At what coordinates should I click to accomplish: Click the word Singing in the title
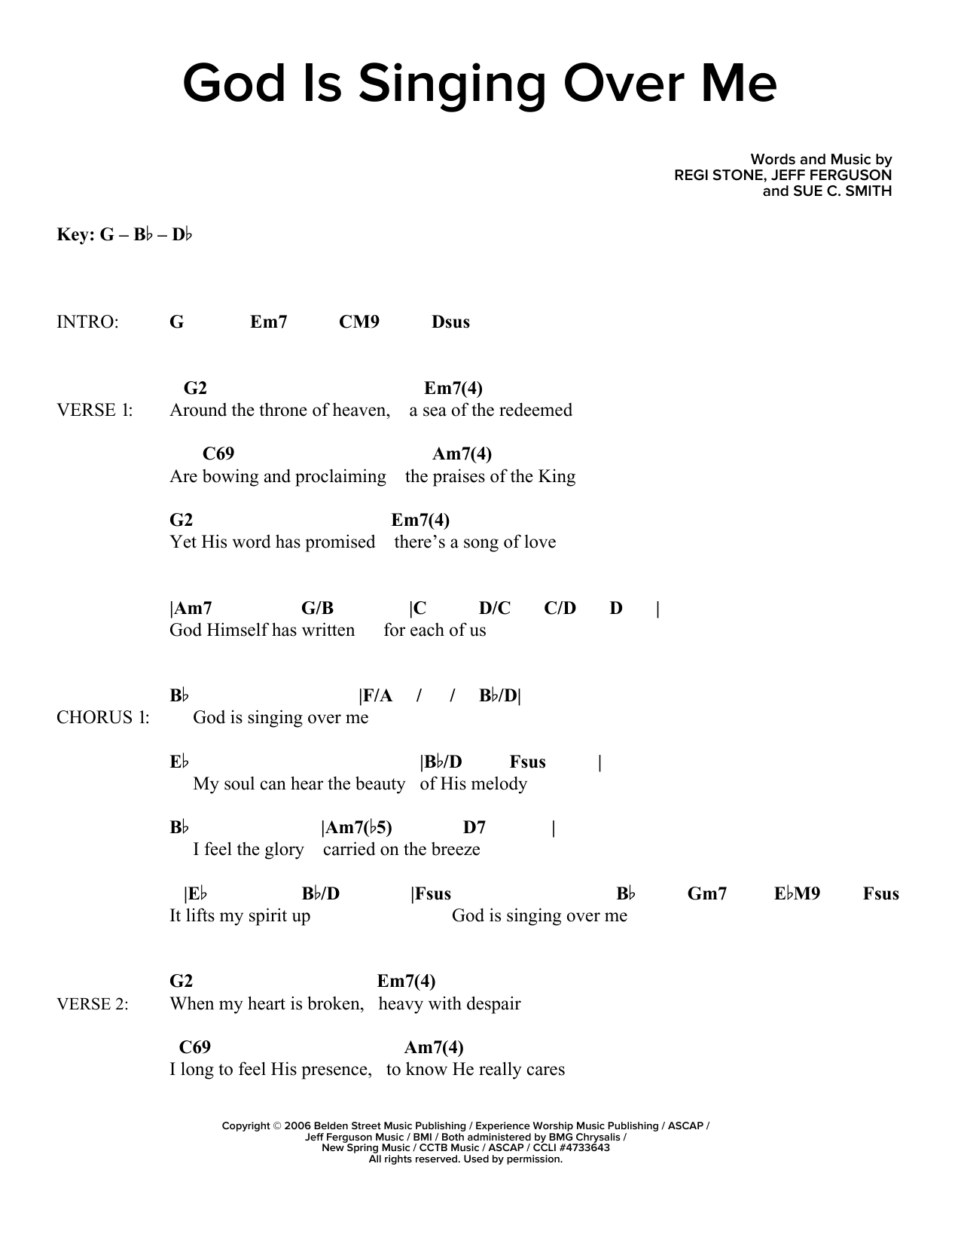[451, 85]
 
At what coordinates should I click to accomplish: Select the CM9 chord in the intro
[359, 322]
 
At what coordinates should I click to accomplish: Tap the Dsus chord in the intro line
[450, 322]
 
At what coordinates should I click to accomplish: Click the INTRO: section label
[87, 322]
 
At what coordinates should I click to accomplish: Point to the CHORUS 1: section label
[103, 717]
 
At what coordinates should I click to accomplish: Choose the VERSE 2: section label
[93, 1003]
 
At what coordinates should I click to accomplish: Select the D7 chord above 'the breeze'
[474, 827]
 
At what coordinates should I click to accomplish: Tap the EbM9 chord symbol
[797, 893]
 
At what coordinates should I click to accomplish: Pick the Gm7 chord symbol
[707, 893]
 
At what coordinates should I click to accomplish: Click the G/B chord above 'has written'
[317, 608]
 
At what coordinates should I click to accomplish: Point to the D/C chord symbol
[495, 608]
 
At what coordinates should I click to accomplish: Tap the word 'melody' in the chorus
[499, 783]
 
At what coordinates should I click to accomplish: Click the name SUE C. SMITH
[842, 191]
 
